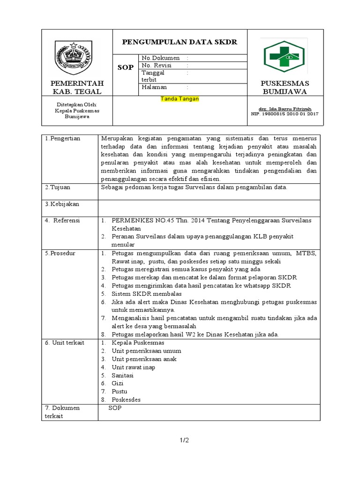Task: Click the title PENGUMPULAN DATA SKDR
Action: coord(180,42)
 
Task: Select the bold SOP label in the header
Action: coord(125,67)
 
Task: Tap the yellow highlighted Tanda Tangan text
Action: coord(180,99)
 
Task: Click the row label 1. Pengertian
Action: coord(63,139)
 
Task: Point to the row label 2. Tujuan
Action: coord(58,187)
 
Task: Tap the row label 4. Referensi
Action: coord(63,220)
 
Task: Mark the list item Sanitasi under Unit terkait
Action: coord(123,375)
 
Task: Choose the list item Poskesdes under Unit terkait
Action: coord(126,400)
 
